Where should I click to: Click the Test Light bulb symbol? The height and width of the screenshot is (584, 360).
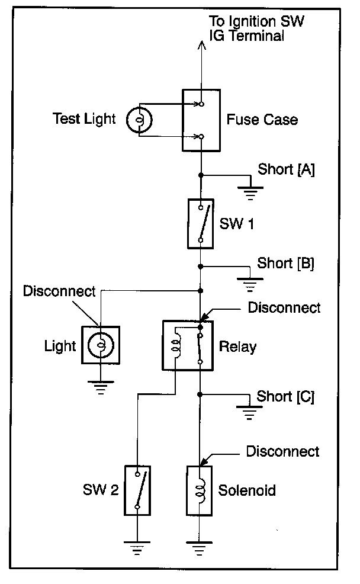139,120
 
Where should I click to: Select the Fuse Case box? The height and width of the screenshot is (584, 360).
201,120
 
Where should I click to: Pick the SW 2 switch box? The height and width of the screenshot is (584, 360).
137,490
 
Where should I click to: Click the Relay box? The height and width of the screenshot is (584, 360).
187,345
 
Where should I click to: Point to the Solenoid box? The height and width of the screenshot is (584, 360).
199,490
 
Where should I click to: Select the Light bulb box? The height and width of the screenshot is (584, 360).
101,345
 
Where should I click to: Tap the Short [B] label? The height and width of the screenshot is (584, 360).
285,264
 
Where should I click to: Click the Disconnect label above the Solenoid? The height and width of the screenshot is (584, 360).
282,451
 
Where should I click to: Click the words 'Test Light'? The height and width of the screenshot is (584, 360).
84,118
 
